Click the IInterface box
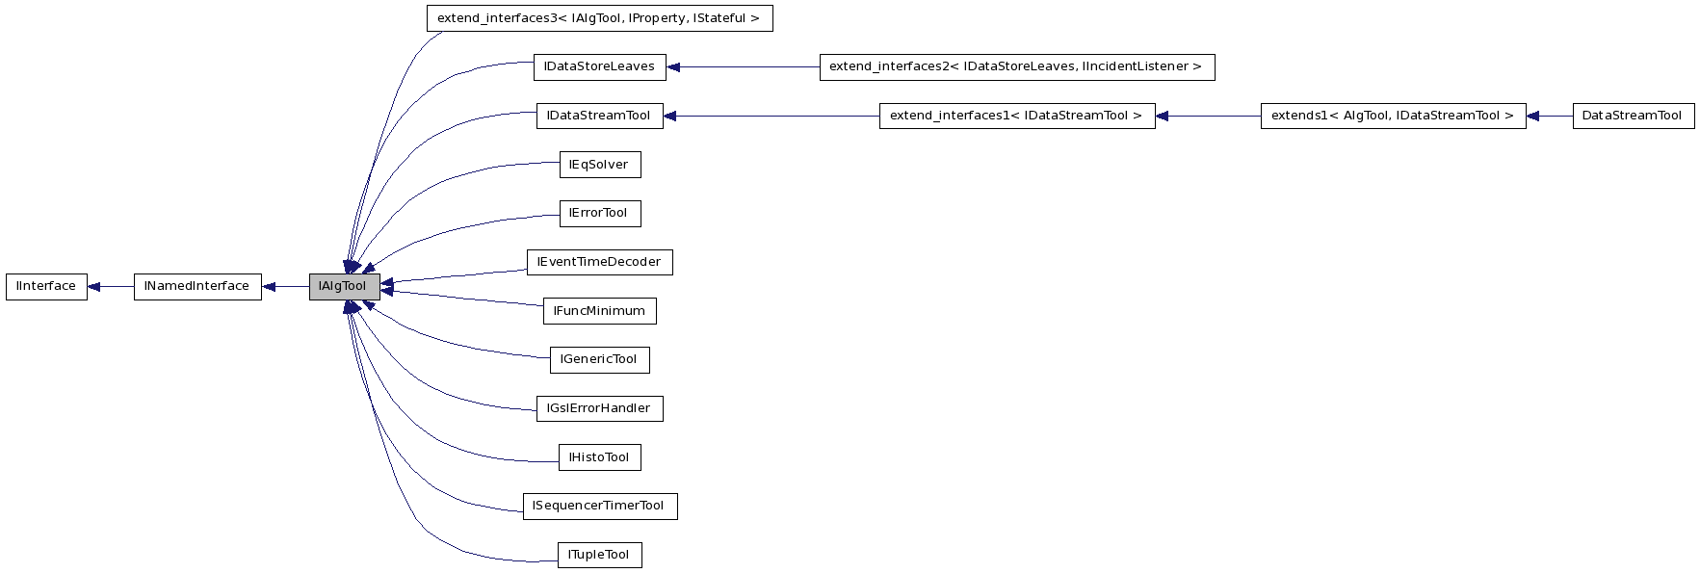46,287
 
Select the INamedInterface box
197,287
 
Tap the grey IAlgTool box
344,287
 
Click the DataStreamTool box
1633,117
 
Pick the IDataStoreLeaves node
599,67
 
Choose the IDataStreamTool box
599,117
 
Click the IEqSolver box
599,165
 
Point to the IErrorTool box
599,214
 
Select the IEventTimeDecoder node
599,263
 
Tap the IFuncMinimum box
599,311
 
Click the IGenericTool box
599,360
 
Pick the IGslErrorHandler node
599,409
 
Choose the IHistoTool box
599,457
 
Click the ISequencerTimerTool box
599,507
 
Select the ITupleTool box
599,556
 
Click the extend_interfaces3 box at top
599,18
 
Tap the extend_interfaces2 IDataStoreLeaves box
1016,67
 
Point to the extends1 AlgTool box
1393,117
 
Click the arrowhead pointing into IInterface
95,287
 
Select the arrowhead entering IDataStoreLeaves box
674,67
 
